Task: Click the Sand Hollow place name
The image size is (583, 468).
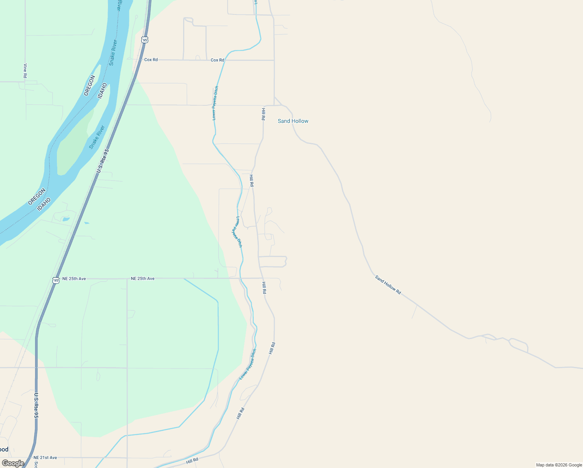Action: (x=293, y=121)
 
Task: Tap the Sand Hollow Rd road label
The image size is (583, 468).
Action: (x=388, y=285)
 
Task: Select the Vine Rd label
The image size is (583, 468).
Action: (x=25, y=71)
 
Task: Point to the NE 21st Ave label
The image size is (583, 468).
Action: (x=45, y=457)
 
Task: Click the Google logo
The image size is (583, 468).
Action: (x=13, y=463)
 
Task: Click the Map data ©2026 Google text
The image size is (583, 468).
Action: (x=559, y=465)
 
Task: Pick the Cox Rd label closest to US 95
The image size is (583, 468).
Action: (x=151, y=60)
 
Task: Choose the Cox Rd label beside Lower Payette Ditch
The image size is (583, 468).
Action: (x=217, y=60)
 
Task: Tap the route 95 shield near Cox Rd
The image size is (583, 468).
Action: (x=145, y=40)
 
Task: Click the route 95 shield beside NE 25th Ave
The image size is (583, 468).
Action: (x=56, y=280)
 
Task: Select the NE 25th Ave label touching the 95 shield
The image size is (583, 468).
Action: (x=74, y=279)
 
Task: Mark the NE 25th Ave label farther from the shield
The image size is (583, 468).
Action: (x=143, y=278)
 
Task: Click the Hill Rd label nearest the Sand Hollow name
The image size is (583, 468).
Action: (x=263, y=114)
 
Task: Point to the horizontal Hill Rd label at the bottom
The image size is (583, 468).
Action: (x=192, y=461)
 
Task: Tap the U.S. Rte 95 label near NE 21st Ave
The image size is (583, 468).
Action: (x=36, y=406)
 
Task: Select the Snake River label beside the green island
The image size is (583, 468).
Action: (x=97, y=137)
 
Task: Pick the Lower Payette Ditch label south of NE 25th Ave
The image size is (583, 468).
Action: (x=248, y=364)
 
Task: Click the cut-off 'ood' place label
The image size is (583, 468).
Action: (x=4, y=449)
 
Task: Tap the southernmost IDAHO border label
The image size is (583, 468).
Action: (x=44, y=204)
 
